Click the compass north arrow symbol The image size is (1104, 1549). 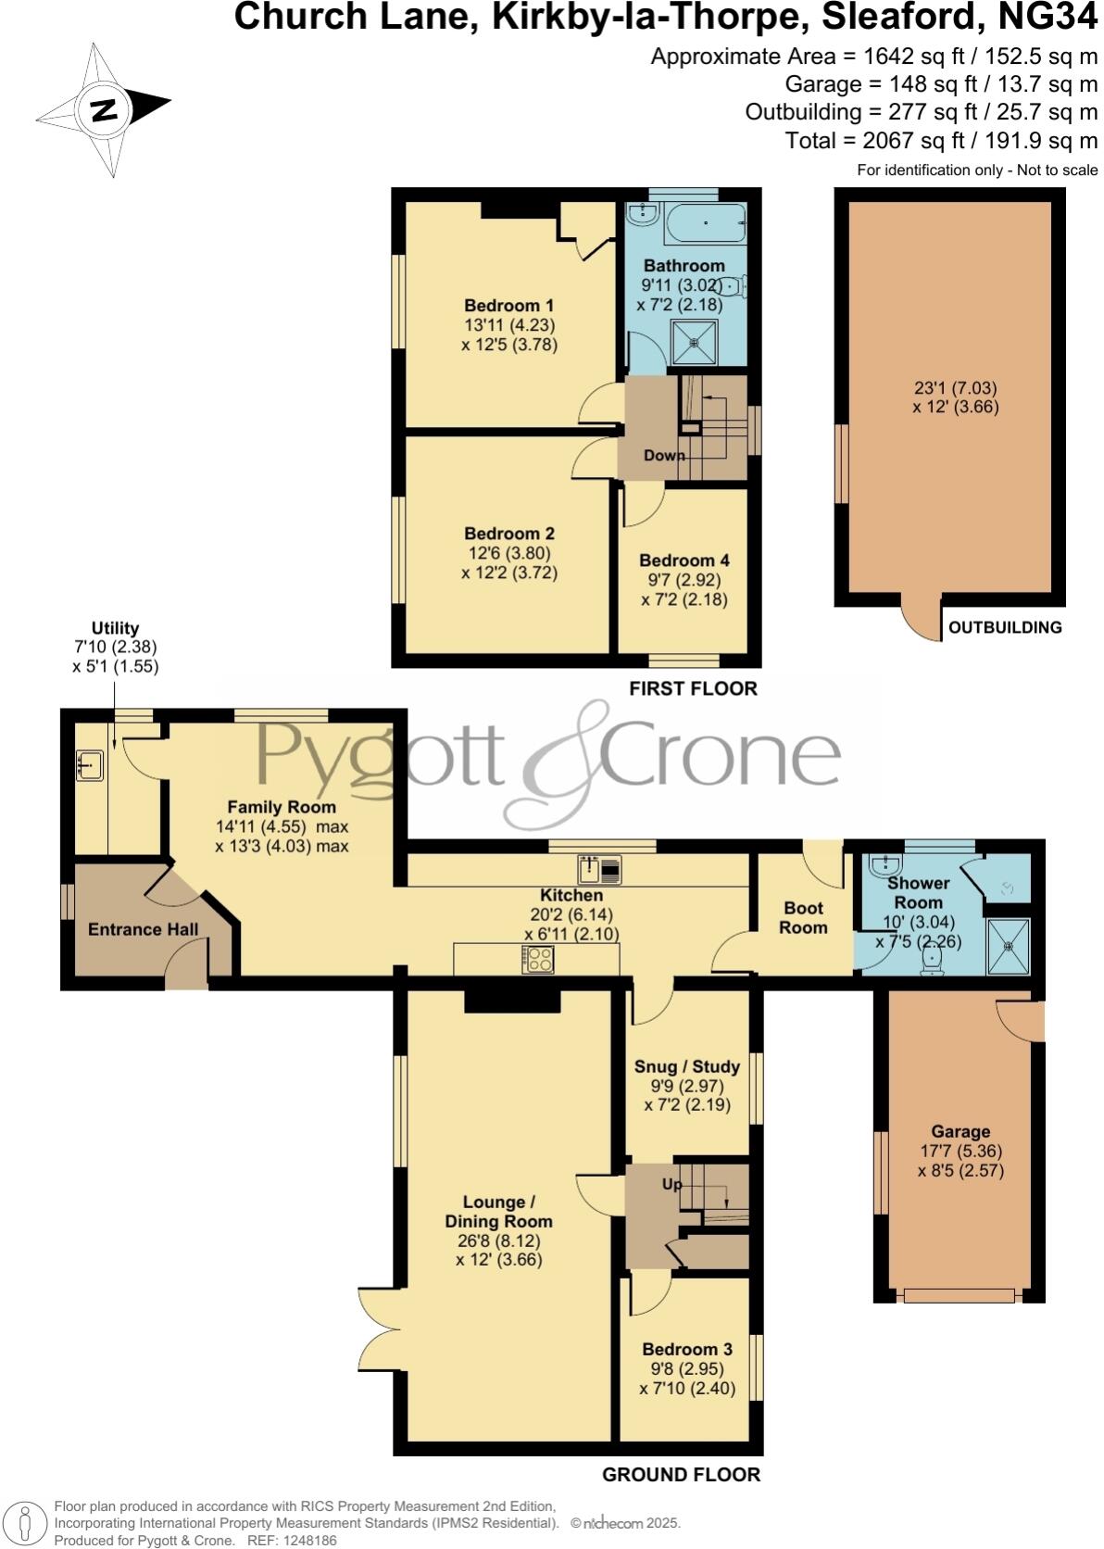103,110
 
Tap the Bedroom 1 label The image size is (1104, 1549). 508,306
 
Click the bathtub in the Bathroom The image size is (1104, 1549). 705,222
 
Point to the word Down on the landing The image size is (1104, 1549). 664,455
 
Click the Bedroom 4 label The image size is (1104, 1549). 684,560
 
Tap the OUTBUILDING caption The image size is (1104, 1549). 1005,627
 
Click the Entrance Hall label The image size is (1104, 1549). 143,928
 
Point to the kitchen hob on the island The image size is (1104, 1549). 538,959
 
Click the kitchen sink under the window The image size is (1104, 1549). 600,869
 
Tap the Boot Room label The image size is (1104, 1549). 802,917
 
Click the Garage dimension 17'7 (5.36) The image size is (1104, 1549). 960,1152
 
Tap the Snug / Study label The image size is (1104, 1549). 686,1066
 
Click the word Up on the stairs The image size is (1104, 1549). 671,1184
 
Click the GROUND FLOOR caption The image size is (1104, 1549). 681,1474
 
